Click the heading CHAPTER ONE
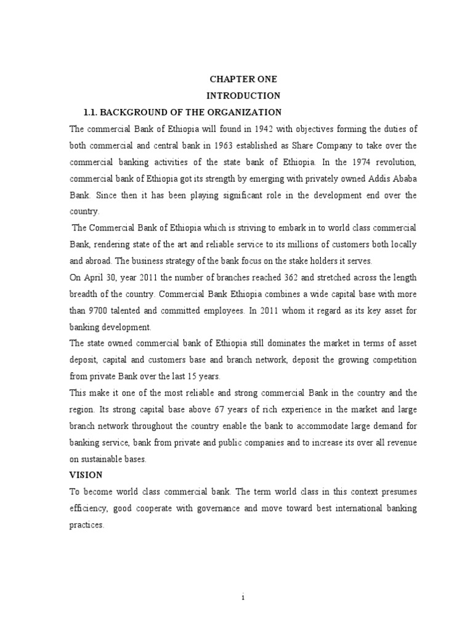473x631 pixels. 243,79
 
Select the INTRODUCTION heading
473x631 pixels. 243,96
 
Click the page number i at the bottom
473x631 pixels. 243,597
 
